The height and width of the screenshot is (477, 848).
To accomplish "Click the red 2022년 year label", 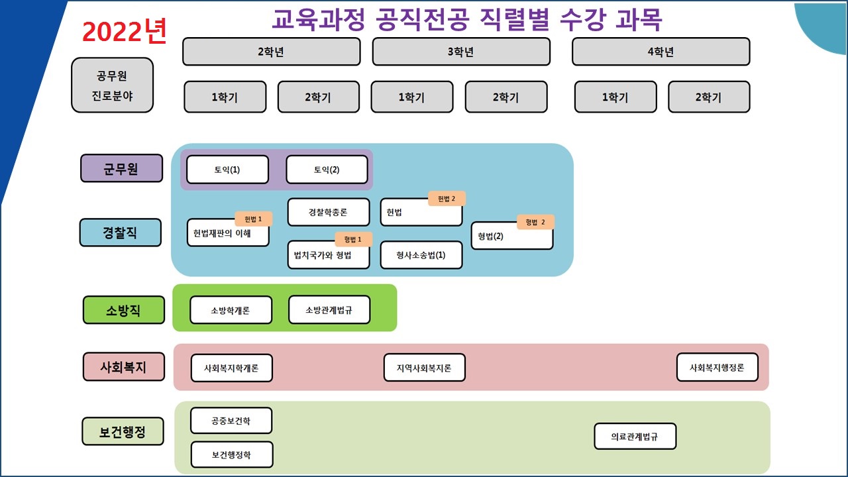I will (x=124, y=31).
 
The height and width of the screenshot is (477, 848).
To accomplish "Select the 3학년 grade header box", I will (x=461, y=52).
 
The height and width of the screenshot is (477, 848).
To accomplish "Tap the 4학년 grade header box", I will (x=661, y=52).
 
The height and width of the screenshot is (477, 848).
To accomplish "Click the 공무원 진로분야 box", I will (x=112, y=85).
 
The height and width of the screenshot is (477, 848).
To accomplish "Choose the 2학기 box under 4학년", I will (x=708, y=97).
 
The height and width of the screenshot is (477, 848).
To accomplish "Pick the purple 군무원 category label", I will (x=121, y=168).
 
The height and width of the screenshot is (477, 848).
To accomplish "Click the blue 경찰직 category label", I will (x=120, y=233).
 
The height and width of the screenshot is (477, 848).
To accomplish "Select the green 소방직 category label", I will (x=123, y=310).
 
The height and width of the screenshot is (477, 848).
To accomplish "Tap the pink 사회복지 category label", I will (x=123, y=366).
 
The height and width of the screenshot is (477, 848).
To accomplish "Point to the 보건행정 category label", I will (x=123, y=431).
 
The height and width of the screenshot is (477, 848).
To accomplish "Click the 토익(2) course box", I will (x=327, y=170).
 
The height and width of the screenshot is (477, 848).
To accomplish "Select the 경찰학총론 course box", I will (x=328, y=213).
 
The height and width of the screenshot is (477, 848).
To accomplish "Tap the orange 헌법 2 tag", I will (x=447, y=199).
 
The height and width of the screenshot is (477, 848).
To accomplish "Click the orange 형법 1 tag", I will (x=353, y=239).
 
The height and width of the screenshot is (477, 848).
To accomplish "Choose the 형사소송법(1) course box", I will (x=421, y=255).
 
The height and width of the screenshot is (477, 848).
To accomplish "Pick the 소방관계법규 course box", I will (x=329, y=310).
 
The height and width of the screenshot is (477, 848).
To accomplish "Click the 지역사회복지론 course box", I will (x=424, y=368).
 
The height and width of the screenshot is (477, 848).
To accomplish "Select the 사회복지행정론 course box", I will (x=717, y=368).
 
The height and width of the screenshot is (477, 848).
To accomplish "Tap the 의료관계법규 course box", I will (x=635, y=437).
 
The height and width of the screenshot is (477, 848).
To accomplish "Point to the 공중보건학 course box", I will (x=231, y=421).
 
